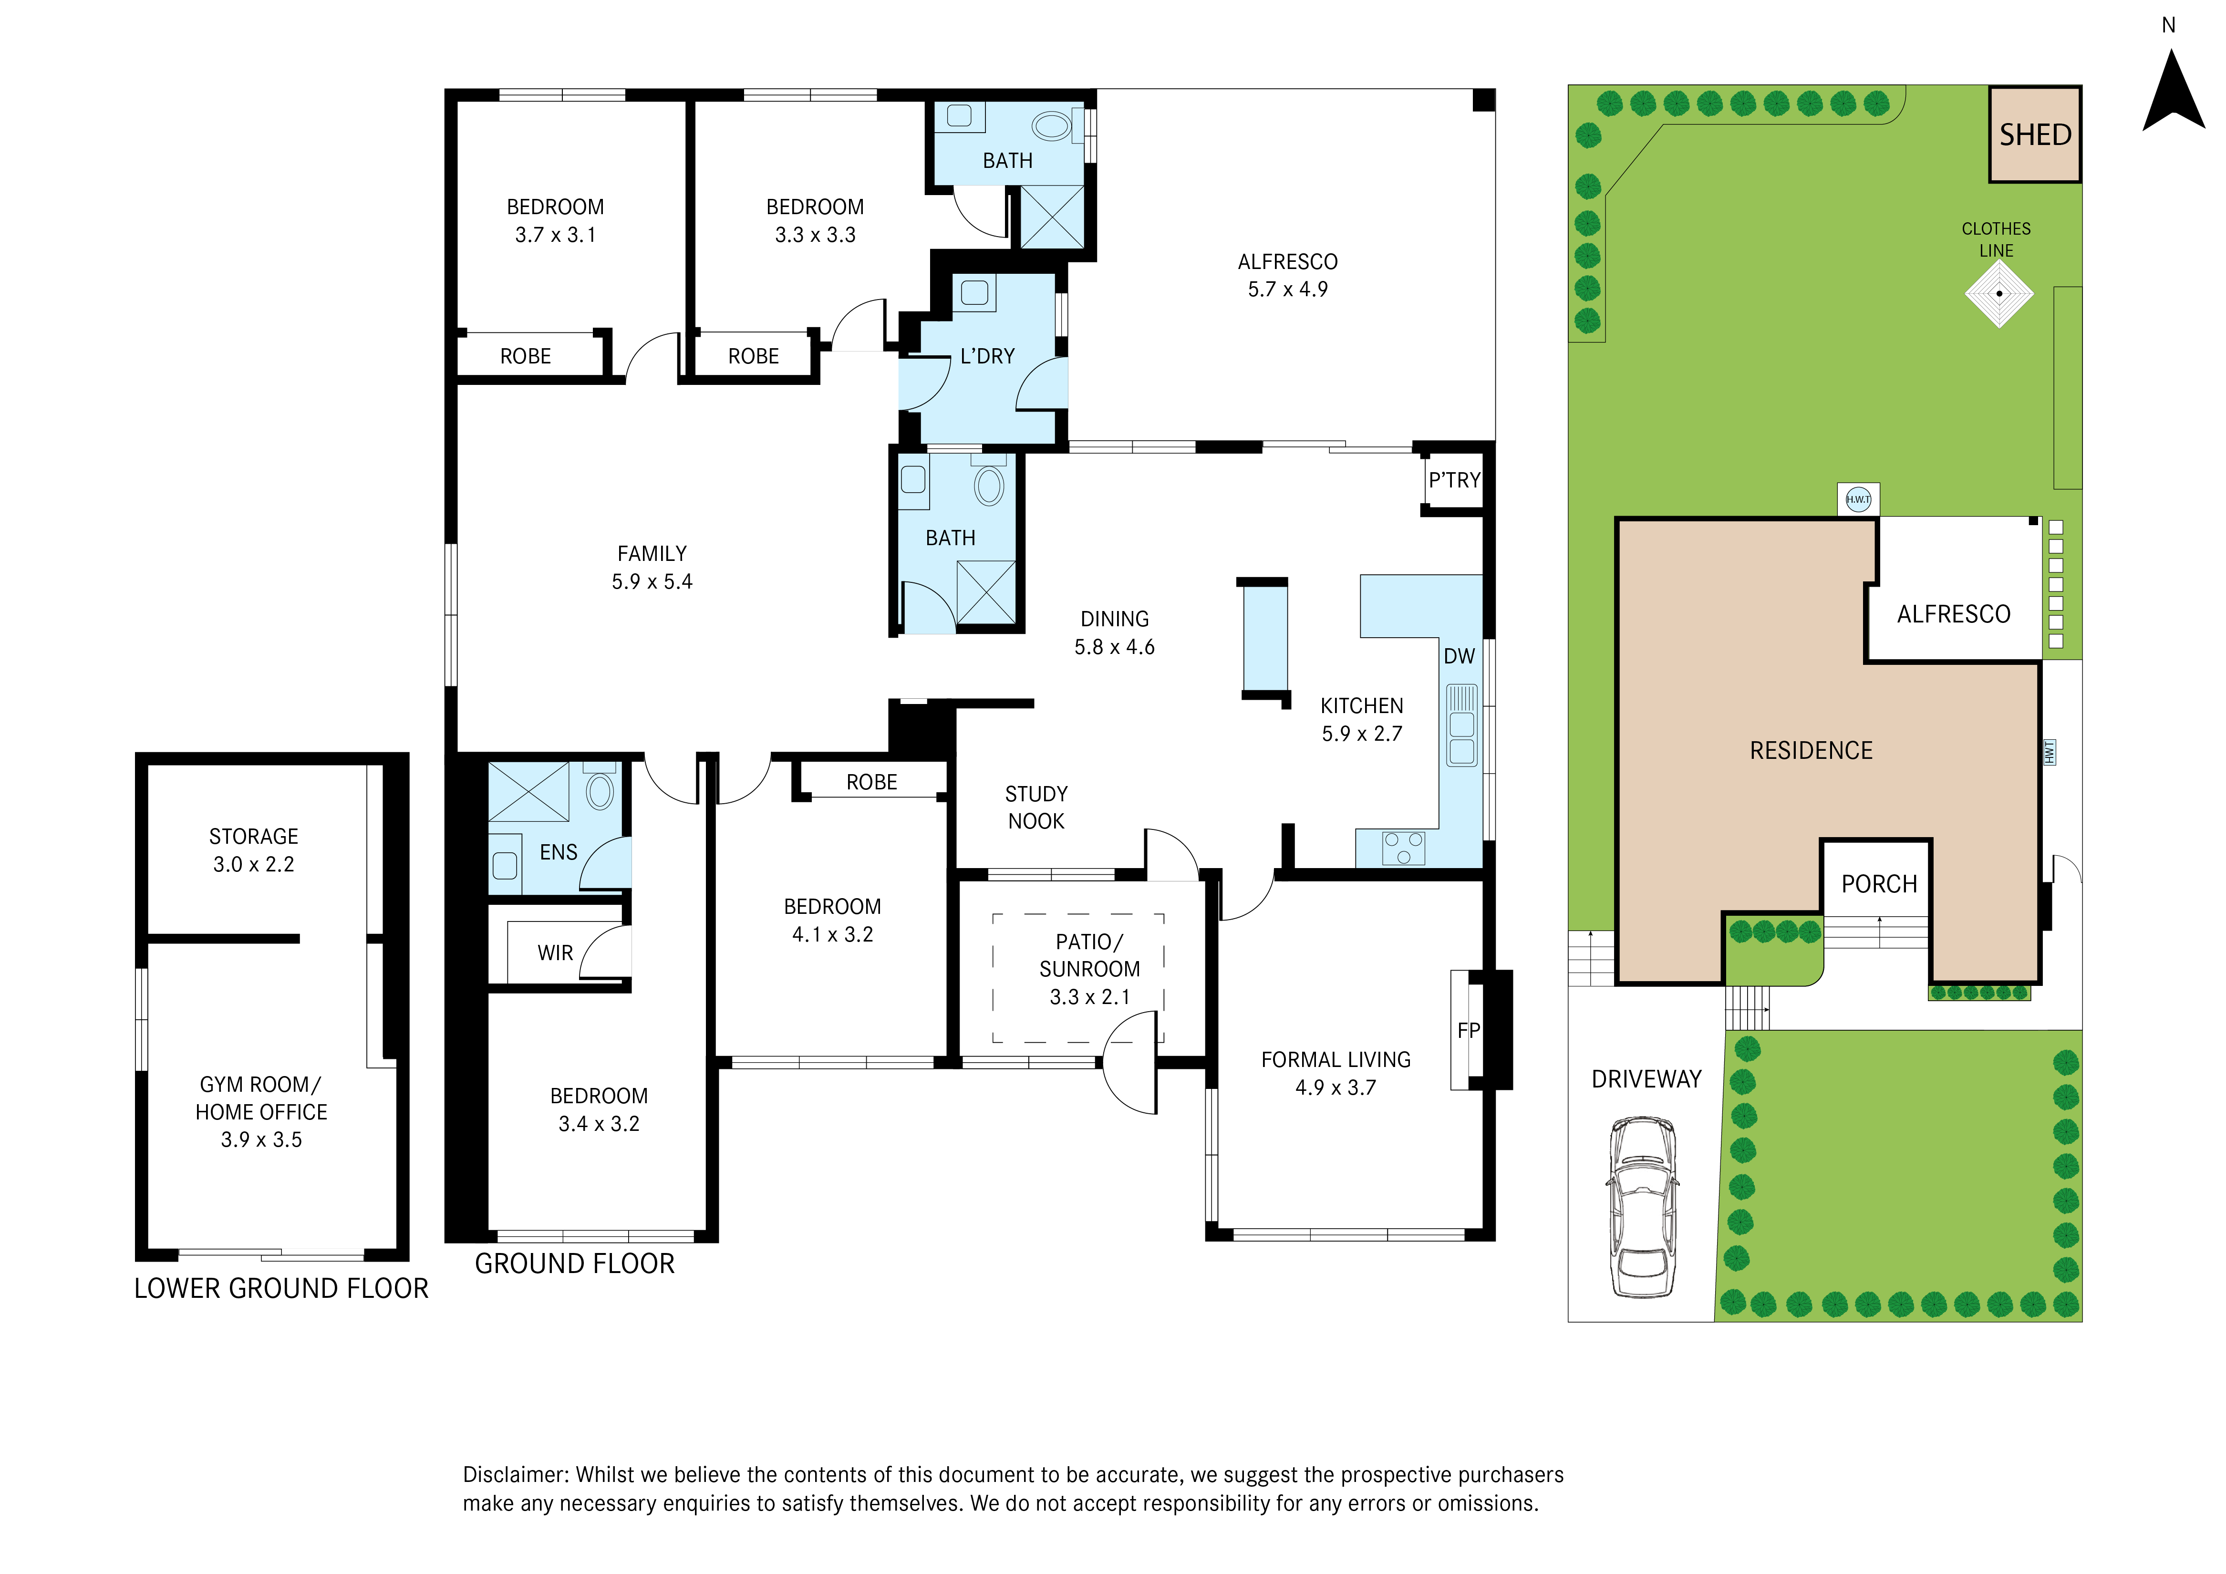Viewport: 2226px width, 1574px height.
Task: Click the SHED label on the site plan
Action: (2035, 135)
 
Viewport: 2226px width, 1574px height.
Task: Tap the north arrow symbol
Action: (2174, 92)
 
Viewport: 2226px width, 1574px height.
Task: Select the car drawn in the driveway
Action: (1642, 1206)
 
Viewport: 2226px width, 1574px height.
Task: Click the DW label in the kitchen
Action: (1459, 657)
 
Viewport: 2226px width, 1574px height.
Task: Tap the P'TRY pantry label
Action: (1454, 480)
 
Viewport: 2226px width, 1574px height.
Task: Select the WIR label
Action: (556, 953)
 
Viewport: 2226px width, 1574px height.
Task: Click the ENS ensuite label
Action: (559, 852)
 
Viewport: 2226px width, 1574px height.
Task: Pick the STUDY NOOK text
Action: (1036, 808)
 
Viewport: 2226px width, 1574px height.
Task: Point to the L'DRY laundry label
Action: (987, 357)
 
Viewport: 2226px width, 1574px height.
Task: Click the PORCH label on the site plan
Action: (1879, 884)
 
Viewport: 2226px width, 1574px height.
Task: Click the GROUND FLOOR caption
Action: (575, 1263)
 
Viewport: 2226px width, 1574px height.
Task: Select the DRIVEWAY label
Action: (1646, 1079)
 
